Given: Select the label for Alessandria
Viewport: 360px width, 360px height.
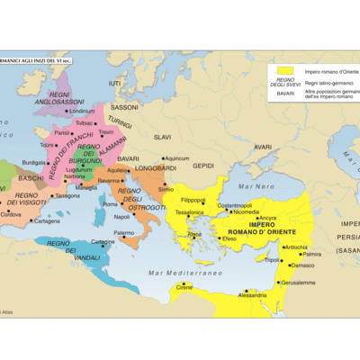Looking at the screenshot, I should tap(251, 294).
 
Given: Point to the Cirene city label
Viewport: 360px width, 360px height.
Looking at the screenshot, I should tap(184, 287).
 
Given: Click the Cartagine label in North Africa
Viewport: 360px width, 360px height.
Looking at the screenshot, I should tap(103, 241).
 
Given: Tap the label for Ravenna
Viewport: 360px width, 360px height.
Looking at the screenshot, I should tap(109, 180).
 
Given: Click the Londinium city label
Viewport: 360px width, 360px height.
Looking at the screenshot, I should tap(82, 111).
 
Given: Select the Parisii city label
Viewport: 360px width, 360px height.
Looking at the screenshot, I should tap(62, 132).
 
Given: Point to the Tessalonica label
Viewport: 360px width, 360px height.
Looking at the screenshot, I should tap(189, 212).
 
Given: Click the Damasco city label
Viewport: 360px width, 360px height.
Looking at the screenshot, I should tap(303, 265).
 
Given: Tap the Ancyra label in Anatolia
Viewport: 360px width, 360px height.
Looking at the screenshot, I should tap(267, 218).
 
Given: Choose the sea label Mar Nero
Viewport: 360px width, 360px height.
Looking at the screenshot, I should tap(257, 185).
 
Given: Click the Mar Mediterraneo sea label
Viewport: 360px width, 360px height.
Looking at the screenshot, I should tap(185, 272).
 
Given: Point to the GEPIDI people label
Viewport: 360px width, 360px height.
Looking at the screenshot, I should tap(203, 165).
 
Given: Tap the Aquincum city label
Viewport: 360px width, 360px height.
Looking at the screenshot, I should tap(177, 158).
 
